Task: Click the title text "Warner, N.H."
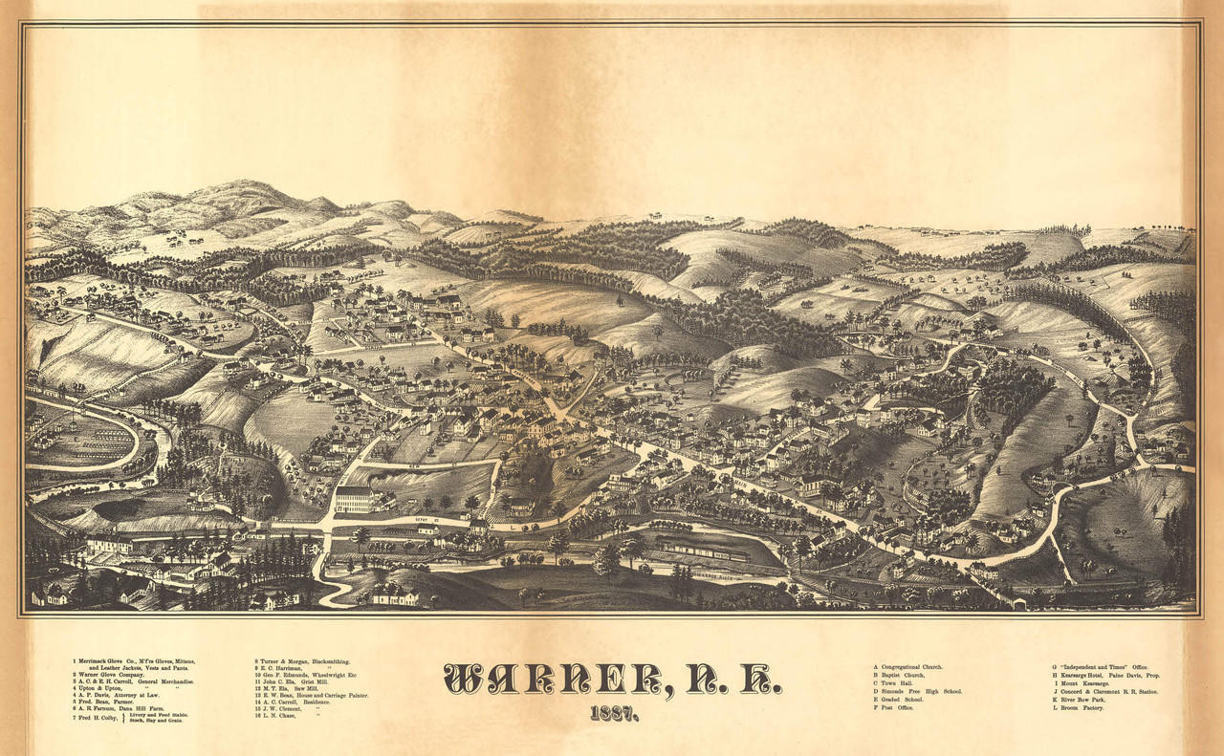(612, 678)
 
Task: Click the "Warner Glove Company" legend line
(115, 674)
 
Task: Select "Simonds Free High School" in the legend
(918, 690)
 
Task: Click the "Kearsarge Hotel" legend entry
(1105, 675)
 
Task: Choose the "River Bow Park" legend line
(1085, 700)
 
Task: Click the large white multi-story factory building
(354, 499)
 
